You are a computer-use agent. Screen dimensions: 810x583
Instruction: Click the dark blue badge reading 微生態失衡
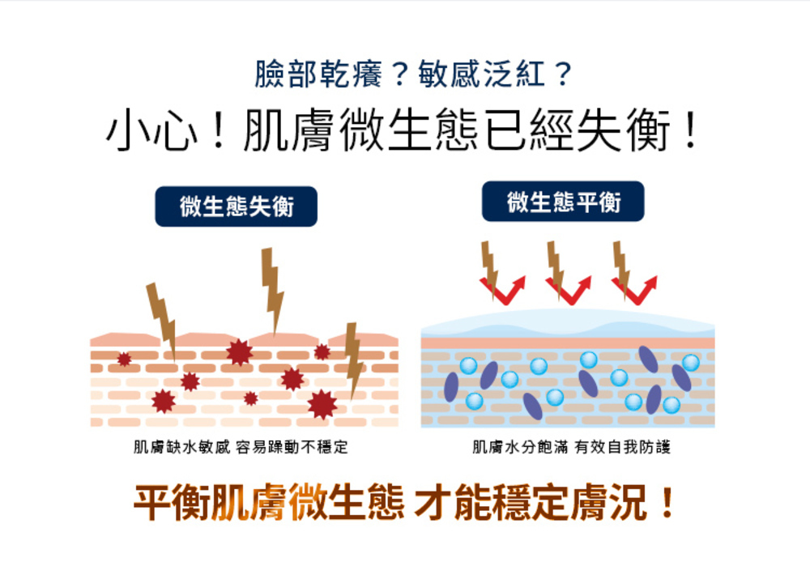pyautogui.click(x=236, y=206)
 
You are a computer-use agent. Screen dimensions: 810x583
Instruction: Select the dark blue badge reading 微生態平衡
pyautogui.click(x=563, y=202)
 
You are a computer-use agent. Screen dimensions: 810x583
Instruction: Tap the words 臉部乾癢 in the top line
pyautogui.click(x=318, y=74)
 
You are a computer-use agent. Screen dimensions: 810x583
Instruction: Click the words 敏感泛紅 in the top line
pyautogui.click(x=481, y=74)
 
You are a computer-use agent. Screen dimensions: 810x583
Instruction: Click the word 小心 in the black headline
pyautogui.click(x=151, y=130)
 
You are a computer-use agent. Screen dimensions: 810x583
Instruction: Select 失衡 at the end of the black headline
pyautogui.click(x=624, y=130)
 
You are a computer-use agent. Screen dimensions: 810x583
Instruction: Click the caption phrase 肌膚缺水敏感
pyautogui.click(x=181, y=447)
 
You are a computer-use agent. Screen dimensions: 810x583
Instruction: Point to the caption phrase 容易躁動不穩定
pyautogui.click(x=292, y=447)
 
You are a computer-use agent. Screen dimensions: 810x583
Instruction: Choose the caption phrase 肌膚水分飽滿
pyautogui.click(x=520, y=447)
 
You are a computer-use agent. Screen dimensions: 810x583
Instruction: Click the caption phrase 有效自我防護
pyautogui.click(x=622, y=447)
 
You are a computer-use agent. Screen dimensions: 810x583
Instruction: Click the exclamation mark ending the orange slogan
pyautogui.click(x=667, y=502)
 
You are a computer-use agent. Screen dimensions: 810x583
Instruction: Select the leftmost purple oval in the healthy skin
pyautogui.click(x=451, y=387)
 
